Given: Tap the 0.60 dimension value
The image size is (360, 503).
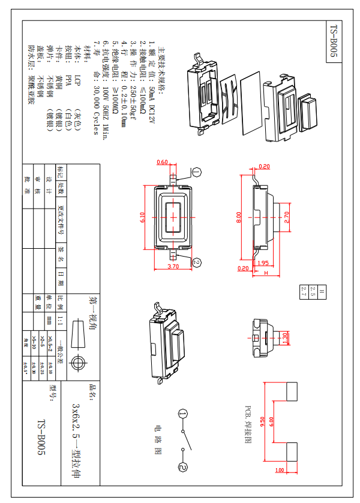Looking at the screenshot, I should (x=162, y=162).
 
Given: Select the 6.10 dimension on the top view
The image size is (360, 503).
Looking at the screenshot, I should (x=142, y=216).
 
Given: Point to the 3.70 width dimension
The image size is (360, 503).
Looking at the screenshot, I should (x=173, y=266).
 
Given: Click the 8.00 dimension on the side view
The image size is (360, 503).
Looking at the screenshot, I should (x=238, y=215).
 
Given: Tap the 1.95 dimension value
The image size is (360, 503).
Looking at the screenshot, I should (x=262, y=263).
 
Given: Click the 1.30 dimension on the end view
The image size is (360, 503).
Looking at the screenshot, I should (x=286, y=338).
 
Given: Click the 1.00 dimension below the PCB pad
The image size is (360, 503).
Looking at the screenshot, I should (x=280, y=470).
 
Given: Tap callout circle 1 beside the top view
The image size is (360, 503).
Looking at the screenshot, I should (x=197, y=172).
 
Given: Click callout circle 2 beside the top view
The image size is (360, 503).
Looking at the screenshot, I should (x=197, y=261).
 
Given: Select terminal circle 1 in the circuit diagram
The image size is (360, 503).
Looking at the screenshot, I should (x=184, y=414).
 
